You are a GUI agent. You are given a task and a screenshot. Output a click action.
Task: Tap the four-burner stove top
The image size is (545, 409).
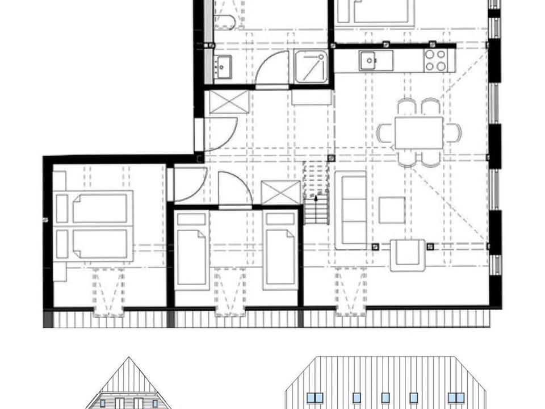[435, 60]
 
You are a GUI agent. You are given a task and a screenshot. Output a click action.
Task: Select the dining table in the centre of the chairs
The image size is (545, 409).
[418, 133]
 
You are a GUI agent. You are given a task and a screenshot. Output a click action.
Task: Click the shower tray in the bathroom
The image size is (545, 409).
[311, 66]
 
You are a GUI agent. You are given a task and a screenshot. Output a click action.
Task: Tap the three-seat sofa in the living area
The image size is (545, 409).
[350, 211]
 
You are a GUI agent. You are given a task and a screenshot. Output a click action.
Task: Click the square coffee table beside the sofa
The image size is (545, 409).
[392, 210]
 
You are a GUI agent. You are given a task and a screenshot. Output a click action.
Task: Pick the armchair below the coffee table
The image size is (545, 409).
[407, 255]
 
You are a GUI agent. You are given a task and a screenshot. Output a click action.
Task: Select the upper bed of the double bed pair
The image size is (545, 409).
[94, 208]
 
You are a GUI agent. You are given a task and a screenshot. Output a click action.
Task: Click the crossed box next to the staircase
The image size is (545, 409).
[281, 193]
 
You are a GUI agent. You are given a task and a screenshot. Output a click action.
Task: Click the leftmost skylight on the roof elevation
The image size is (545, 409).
[314, 398]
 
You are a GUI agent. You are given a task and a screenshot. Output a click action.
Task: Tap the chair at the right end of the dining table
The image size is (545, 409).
[452, 133]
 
